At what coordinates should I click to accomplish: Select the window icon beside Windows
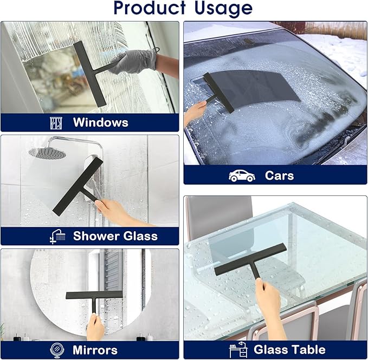coord(56,122)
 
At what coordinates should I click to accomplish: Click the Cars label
coord(279,175)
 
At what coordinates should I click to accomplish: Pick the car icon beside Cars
coord(242,175)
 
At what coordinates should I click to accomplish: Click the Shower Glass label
coord(115,236)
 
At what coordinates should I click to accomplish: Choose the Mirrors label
coord(95,349)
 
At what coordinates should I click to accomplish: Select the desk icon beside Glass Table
coord(239,350)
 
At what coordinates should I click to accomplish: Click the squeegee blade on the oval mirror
coord(94,295)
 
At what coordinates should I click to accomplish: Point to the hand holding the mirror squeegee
coord(95,326)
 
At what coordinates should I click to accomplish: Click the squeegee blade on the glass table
coord(250,260)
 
